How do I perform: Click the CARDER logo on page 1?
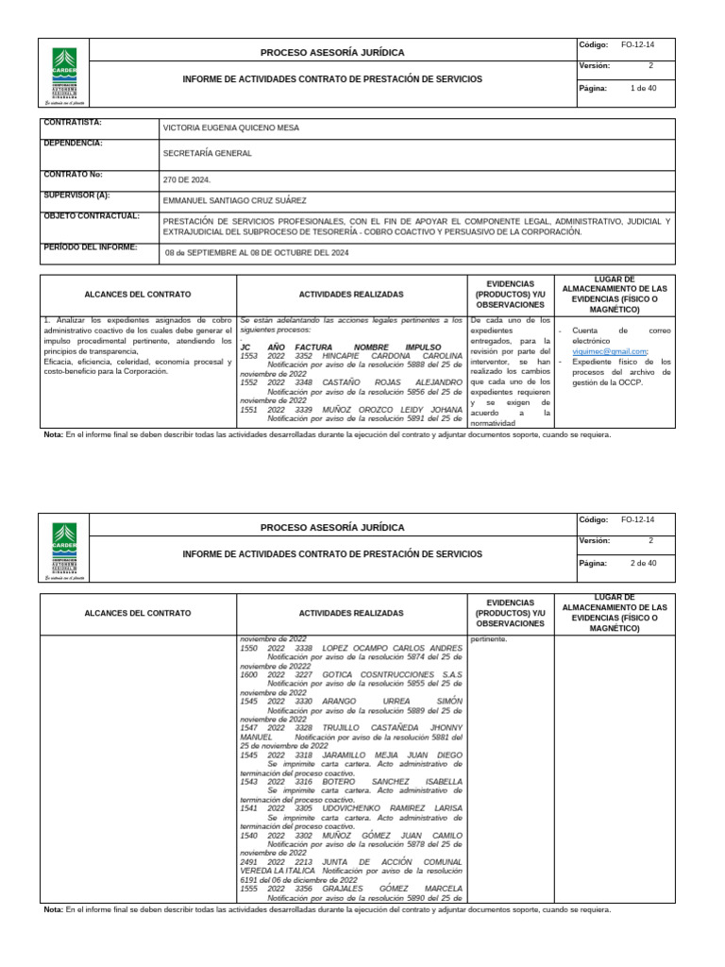[x=66, y=72]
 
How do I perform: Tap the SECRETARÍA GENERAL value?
[x=208, y=153]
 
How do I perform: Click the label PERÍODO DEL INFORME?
[x=90, y=247]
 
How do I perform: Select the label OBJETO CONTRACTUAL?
[x=92, y=216]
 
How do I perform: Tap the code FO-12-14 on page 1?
[x=637, y=44]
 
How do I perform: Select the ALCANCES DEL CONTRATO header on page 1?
[x=137, y=295]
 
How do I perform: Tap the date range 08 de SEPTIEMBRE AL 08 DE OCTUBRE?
[x=257, y=253]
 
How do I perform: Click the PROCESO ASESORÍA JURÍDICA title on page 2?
[x=331, y=528]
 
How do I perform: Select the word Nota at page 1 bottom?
[x=54, y=435]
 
